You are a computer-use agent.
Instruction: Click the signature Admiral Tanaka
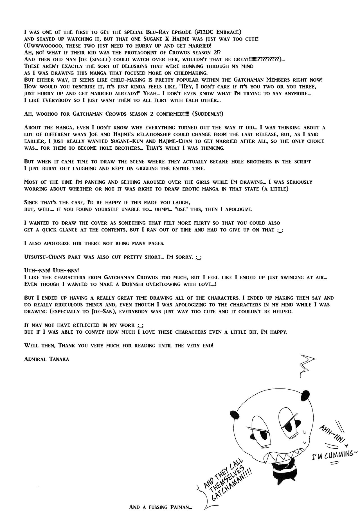click(x=46, y=359)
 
